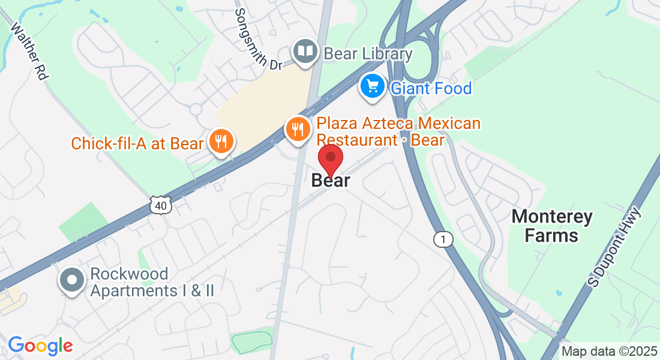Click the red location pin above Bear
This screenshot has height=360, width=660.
330,158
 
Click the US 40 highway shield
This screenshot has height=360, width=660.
160,205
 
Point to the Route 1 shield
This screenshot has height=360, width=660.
443,239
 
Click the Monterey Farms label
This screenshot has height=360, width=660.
551,226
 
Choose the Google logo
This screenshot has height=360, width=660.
40,346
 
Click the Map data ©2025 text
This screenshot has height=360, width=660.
609,352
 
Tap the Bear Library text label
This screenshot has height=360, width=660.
368,54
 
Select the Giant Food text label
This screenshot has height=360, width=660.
431,89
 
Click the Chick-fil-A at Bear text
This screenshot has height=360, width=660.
137,143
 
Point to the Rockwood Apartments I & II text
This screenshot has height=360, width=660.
152,283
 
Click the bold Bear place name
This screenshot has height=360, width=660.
331,181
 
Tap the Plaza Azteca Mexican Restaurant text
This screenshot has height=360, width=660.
398,132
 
